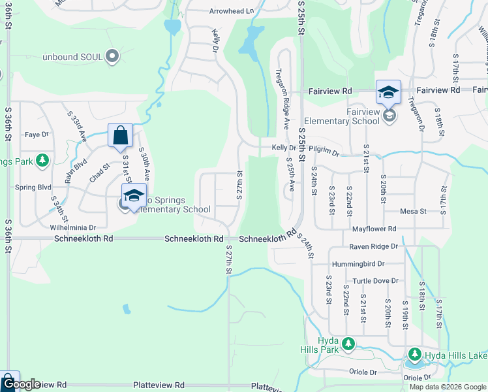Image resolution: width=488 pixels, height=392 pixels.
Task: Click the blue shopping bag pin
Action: (x=121, y=136)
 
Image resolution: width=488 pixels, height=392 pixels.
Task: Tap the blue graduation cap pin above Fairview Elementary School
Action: (x=388, y=92)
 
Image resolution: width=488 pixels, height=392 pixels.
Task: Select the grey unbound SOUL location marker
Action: (x=112, y=57)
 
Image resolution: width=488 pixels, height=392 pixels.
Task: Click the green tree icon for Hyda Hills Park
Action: (x=348, y=344)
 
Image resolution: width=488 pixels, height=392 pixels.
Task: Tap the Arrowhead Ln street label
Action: (x=232, y=11)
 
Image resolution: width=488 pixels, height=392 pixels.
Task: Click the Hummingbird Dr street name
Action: (x=358, y=264)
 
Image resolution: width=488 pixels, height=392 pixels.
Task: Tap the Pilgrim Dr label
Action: (x=324, y=152)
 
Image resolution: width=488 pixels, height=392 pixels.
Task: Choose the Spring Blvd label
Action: (x=33, y=187)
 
